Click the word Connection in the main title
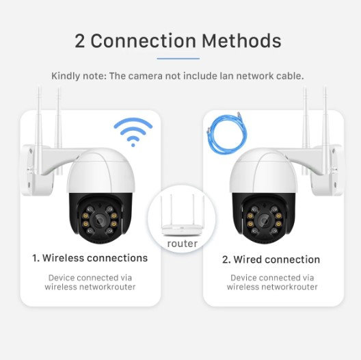click(143, 41)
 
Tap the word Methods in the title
click(241, 41)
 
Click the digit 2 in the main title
click(80, 41)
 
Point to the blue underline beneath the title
click(178, 59)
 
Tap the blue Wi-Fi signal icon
click(133, 132)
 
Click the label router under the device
click(183, 244)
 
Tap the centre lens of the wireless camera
click(100, 220)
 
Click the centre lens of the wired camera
click(265, 220)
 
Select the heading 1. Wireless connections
click(90, 258)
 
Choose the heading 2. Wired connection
click(271, 259)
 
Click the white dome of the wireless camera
click(101, 171)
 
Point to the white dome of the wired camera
click(264, 171)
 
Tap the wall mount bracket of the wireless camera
click(44, 168)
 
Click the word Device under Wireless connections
click(62, 278)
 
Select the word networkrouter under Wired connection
click(290, 287)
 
